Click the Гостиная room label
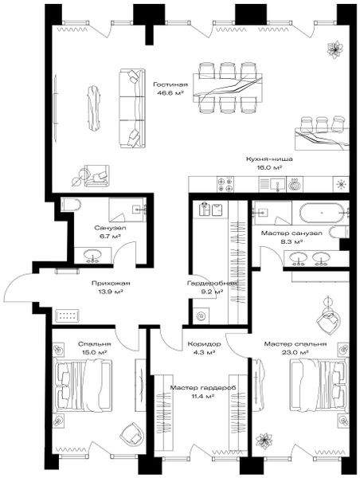click(170, 84)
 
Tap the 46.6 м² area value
click(170, 93)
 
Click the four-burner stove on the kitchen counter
click(225, 185)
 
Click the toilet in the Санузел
click(71, 206)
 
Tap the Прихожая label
click(111, 283)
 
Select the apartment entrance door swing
click(19, 286)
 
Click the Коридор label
click(204, 344)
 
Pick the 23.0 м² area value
click(295, 352)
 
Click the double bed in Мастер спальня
click(319, 384)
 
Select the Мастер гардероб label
click(204, 388)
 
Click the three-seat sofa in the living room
click(131, 109)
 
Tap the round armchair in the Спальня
click(132, 434)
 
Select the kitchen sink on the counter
click(273, 185)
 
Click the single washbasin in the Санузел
click(93, 255)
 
